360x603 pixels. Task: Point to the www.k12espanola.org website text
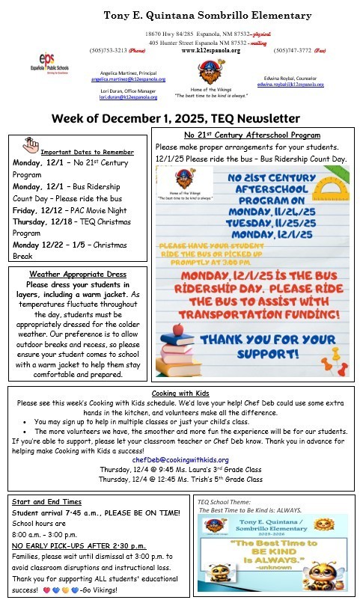(x=210, y=50)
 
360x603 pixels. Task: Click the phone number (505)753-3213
(x=106, y=50)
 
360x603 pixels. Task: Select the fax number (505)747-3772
(x=290, y=50)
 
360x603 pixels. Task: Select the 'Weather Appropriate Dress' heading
(x=78, y=275)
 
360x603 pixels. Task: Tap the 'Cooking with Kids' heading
(x=180, y=394)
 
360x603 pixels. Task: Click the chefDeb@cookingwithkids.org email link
(x=180, y=459)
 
